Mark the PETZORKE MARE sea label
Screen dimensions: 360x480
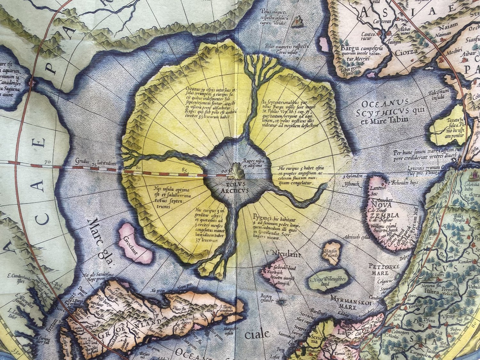pyautogui.click(x=380, y=268)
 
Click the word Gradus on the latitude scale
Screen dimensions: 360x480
pyautogui.click(x=84, y=161)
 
